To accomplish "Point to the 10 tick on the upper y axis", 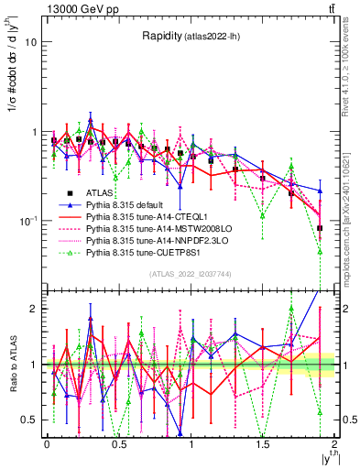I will (x=31, y=42).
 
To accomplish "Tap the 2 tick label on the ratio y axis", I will (x=34, y=309).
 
